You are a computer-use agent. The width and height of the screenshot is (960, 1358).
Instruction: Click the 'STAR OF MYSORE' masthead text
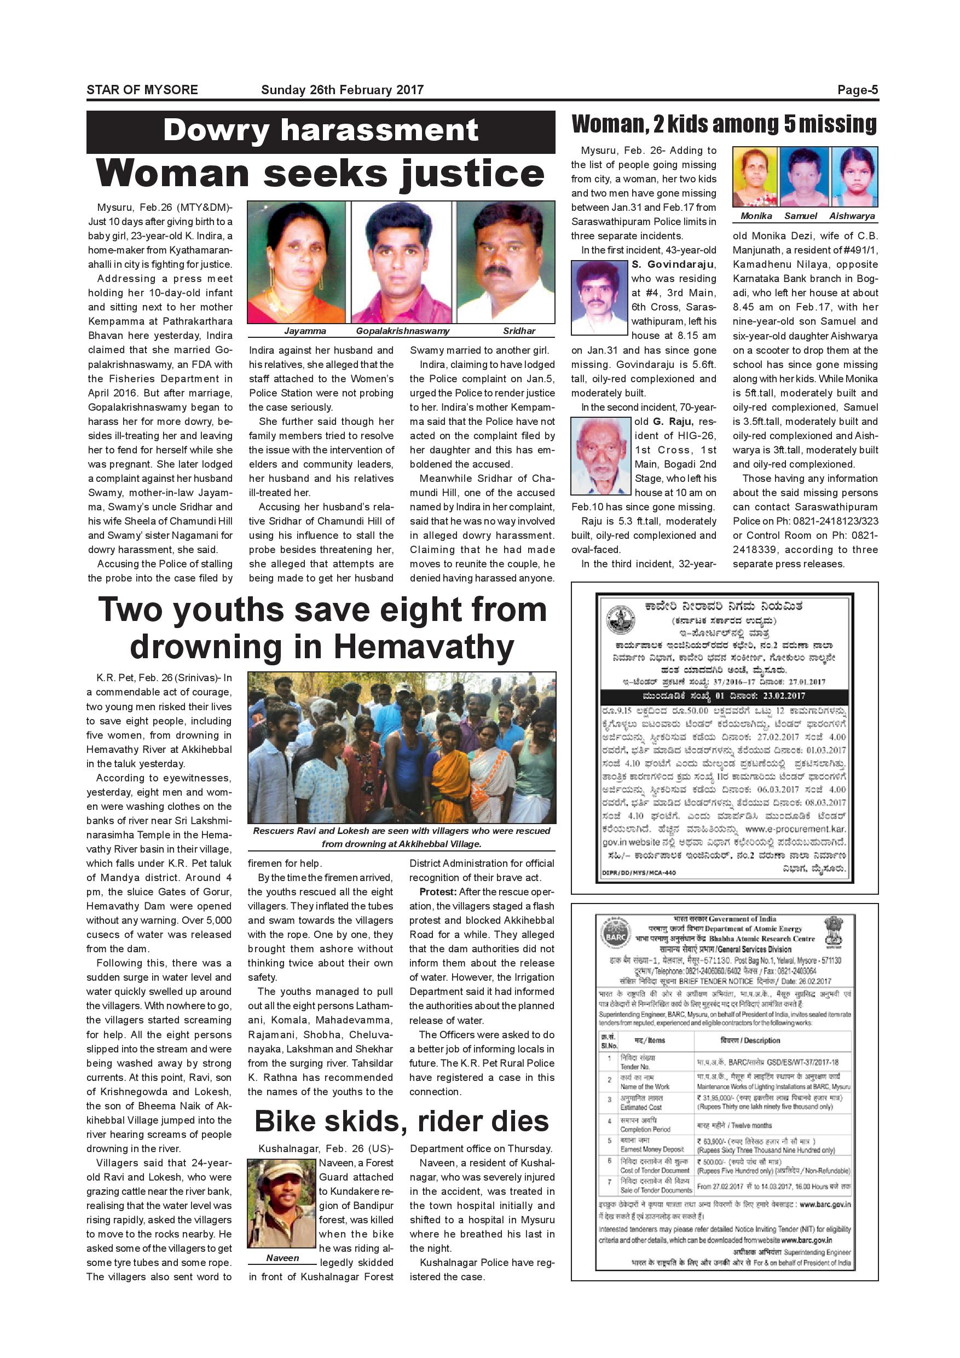[142, 90]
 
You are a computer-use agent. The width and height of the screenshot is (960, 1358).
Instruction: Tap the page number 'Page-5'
[857, 90]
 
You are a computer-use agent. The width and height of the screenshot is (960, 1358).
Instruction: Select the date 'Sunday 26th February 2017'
[342, 90]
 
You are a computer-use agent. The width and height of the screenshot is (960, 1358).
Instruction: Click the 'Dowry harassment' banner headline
[320, 130]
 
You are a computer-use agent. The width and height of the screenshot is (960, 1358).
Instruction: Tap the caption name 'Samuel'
[800, 216]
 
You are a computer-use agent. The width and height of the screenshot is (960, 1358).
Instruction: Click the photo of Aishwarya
[854, 177]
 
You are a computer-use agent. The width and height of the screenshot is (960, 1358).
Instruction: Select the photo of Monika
[755, 177]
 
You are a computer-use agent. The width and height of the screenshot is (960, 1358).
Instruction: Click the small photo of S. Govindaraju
[599, 297]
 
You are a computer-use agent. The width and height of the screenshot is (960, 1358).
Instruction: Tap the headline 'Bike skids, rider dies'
[401, 1121]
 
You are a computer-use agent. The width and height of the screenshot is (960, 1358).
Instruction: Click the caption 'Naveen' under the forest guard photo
[282, 1258]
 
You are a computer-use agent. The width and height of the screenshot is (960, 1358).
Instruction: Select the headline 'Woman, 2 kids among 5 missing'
[724, 124]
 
